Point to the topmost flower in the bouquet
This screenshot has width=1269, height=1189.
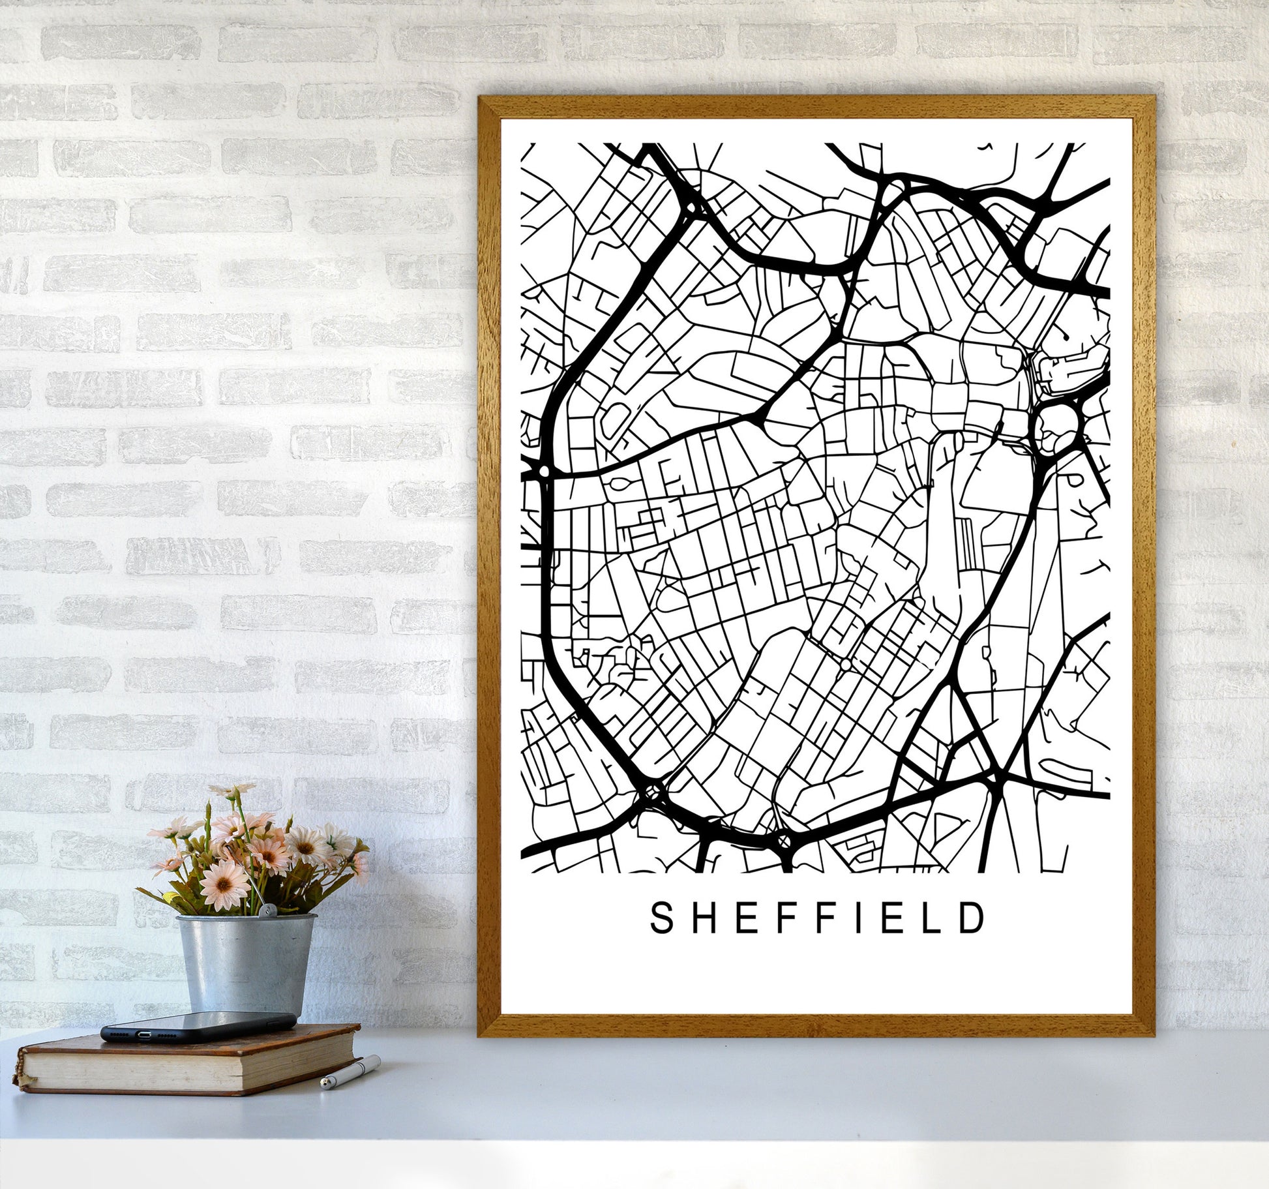pyautogui.click(x=233, y=790)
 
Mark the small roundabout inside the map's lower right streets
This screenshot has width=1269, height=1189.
pyautogui.click(x=845, y=665)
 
